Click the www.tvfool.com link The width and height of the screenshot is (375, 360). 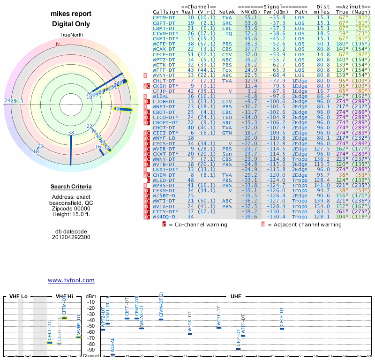(x=71, y=280)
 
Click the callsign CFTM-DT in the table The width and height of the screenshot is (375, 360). (x=165, y=17)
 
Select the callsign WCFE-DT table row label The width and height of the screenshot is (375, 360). (x=165, y=43)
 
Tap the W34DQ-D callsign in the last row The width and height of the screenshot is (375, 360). (x=165, y=217)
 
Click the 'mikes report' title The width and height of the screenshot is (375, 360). (x=71, y=14)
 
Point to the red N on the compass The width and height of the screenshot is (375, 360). (x=58, y=45)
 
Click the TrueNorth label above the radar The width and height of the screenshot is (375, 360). (x=71, y=36)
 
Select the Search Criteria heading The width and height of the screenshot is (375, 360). (x=71, y=187)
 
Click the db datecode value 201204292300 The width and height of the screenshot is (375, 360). (x=71, y=237)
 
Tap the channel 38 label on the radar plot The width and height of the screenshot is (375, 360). (x=71, y=133)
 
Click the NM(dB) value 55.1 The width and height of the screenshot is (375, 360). (x=251, y=17)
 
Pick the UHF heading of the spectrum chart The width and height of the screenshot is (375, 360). (x=236, y=296)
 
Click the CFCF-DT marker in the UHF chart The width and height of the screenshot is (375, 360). (x=282, y=329)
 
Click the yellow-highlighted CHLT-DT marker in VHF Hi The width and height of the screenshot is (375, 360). (x=50, y=343)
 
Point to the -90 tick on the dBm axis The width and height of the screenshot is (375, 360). (x=91, y=350)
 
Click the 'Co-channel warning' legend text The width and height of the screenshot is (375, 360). (x=198, y=225)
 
